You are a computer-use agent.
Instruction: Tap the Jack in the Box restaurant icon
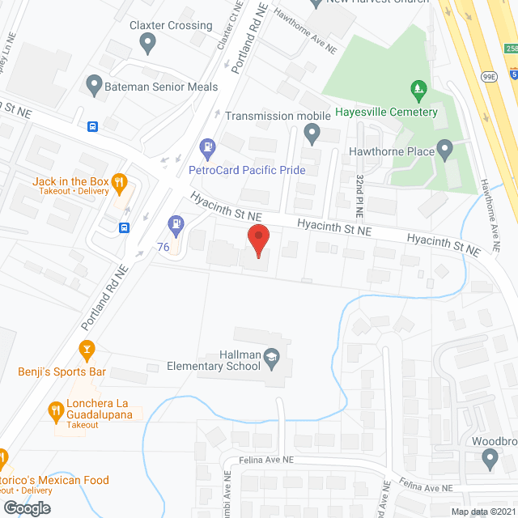tap(120, 182)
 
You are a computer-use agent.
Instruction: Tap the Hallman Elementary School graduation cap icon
tap(272, 355)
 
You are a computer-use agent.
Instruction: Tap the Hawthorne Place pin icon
tap(444, 150)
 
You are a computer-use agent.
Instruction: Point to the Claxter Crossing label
tap(171, 26)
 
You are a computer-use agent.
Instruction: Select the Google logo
tap(26, 507)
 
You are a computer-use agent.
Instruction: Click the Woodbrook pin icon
tap(489, 460)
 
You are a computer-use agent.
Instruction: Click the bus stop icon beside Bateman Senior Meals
tap(94, 126)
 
